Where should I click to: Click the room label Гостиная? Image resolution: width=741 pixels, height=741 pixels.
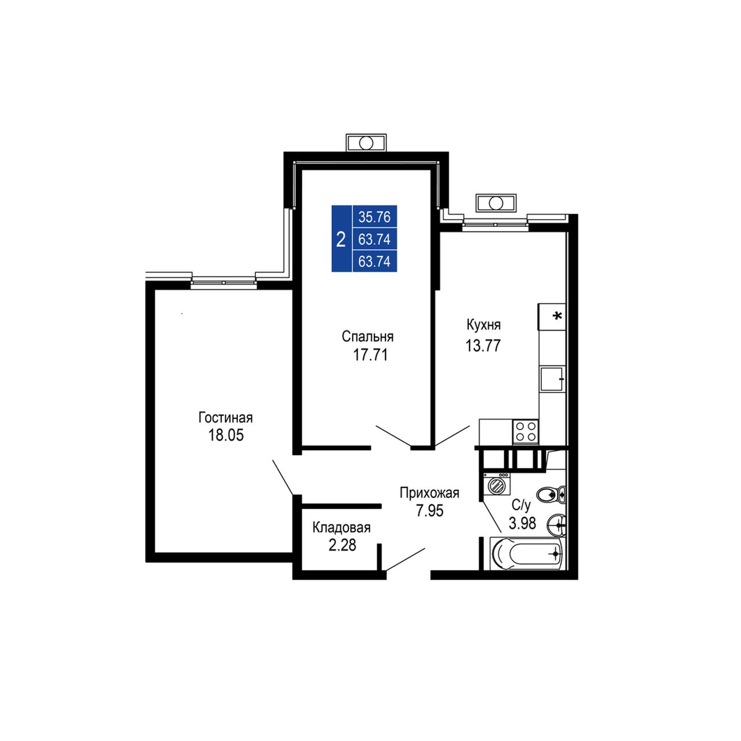[x=225, y=417]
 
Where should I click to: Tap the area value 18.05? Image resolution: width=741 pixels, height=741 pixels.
[x=226, y=435]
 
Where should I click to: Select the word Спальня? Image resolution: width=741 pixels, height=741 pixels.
[x=368, y=336]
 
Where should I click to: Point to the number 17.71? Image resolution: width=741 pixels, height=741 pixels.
[x=370, y=354]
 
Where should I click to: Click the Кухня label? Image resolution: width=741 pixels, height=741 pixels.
[x=483, y=325]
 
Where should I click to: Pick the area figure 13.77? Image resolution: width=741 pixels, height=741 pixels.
[x=483, y=345]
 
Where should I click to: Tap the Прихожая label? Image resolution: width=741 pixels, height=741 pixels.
[x=430, y=493]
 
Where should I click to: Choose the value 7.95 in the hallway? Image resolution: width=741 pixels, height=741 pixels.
[x=430, y=511]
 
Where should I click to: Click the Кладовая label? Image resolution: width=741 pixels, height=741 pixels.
[x=341, y=527]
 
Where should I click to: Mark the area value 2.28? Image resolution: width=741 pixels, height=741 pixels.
[x=342, y=545]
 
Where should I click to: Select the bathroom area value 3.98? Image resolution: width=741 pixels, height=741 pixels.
[x=522, y=523]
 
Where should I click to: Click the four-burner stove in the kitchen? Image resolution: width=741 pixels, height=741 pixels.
[x=525, y=431]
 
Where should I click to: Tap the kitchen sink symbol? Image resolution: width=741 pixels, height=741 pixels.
[x=552, y=379]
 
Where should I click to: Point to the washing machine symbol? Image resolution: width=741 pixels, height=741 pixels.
[x=497, y=484]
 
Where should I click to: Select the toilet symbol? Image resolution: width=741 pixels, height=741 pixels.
[x=551, y=494]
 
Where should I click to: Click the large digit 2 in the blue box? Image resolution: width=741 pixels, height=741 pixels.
[x=341, y=239]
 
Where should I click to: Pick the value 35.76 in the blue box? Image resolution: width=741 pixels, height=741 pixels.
[x=374, y=217]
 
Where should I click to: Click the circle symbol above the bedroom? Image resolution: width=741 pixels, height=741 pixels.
[x=366, y=143]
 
